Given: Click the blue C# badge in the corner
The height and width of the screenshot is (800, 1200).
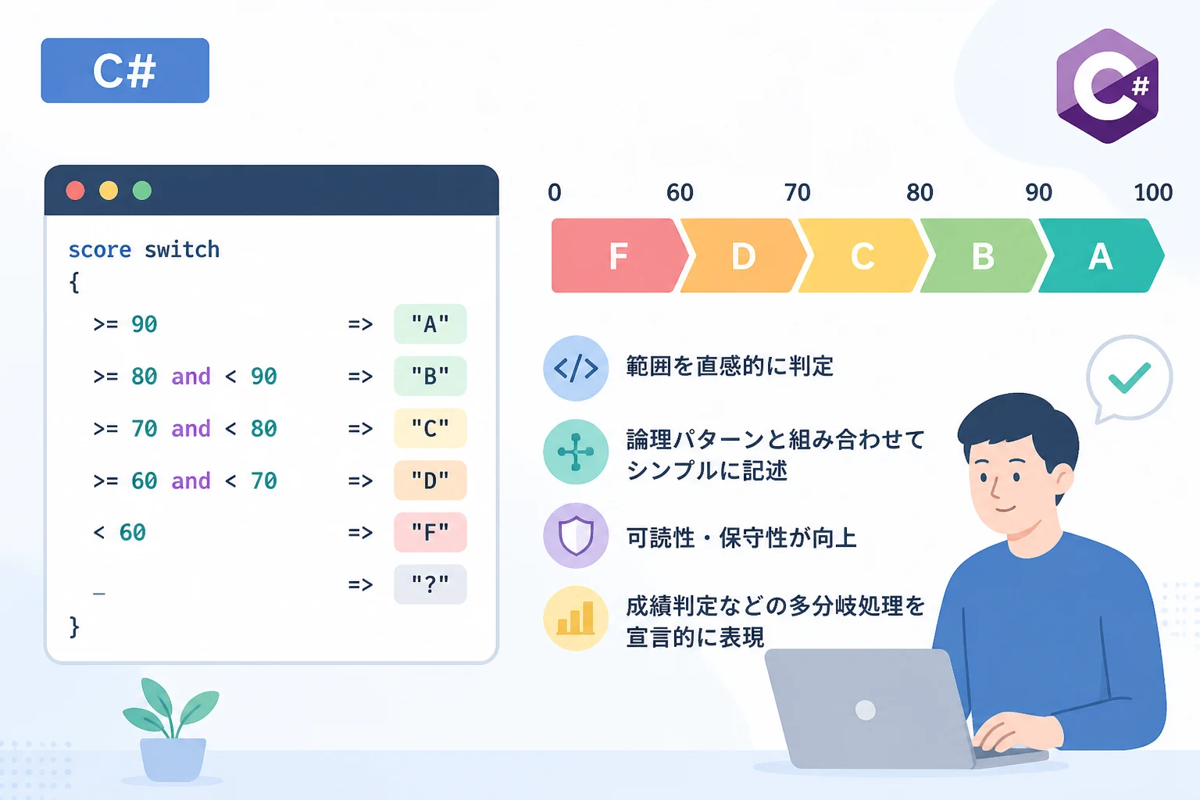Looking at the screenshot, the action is [x=125, y=70].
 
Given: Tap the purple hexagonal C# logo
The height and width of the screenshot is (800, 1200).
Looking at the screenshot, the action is [x=1107, y=86].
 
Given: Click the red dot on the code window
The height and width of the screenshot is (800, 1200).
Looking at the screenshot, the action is [x=75, y=191].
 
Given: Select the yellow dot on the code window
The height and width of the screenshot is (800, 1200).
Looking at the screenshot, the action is [x=109, y=191].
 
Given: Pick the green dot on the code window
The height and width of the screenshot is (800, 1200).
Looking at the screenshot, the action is [x=142, y=191].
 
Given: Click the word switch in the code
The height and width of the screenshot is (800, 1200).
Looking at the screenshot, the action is [x=182, y=250].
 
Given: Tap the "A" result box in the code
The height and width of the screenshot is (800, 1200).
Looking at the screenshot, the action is [x=430, y=324].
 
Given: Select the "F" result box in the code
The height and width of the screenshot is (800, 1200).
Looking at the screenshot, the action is [x=430, y=532].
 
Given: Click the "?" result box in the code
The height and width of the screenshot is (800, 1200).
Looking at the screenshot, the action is [x=430, y=584].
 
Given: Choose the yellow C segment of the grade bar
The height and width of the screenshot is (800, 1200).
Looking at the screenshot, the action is [x=862, y=255].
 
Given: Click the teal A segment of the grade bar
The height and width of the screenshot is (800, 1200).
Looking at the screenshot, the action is [x=1101, y=255].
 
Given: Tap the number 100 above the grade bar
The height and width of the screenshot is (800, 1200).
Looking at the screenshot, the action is [x=1153, y=192].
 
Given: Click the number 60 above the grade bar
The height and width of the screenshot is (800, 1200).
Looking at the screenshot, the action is [x=680, y=192].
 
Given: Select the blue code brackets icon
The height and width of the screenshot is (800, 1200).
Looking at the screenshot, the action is [x=576, y=368].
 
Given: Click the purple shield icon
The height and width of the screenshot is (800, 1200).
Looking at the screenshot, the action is [x=576, y=535].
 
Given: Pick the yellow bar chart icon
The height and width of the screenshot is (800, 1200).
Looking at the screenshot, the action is [x=576, y=618].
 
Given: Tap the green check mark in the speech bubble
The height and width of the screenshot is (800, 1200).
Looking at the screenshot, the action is [x=1129, y=378].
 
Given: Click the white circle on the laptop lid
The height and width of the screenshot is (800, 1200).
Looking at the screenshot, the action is [x=865, y=710].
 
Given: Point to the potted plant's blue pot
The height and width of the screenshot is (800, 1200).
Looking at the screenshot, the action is [x=173, y=759].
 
